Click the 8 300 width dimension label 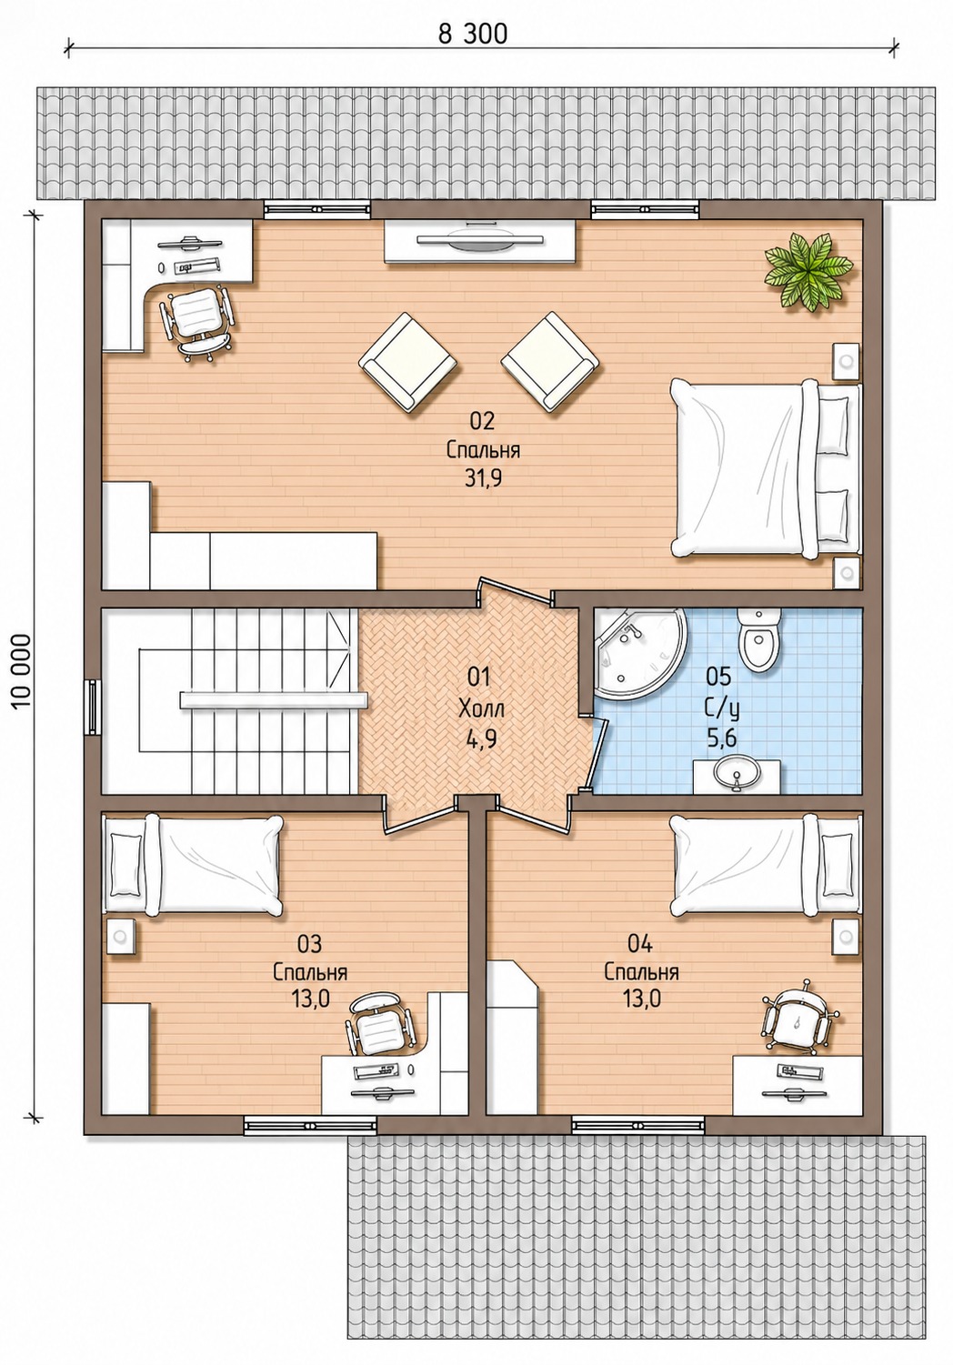472,35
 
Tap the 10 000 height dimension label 21,671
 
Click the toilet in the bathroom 758,640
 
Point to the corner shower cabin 637,652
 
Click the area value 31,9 483,479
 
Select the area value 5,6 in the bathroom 721,738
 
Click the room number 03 309,944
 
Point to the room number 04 640,944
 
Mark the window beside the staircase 93,708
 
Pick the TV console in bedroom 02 480,241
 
